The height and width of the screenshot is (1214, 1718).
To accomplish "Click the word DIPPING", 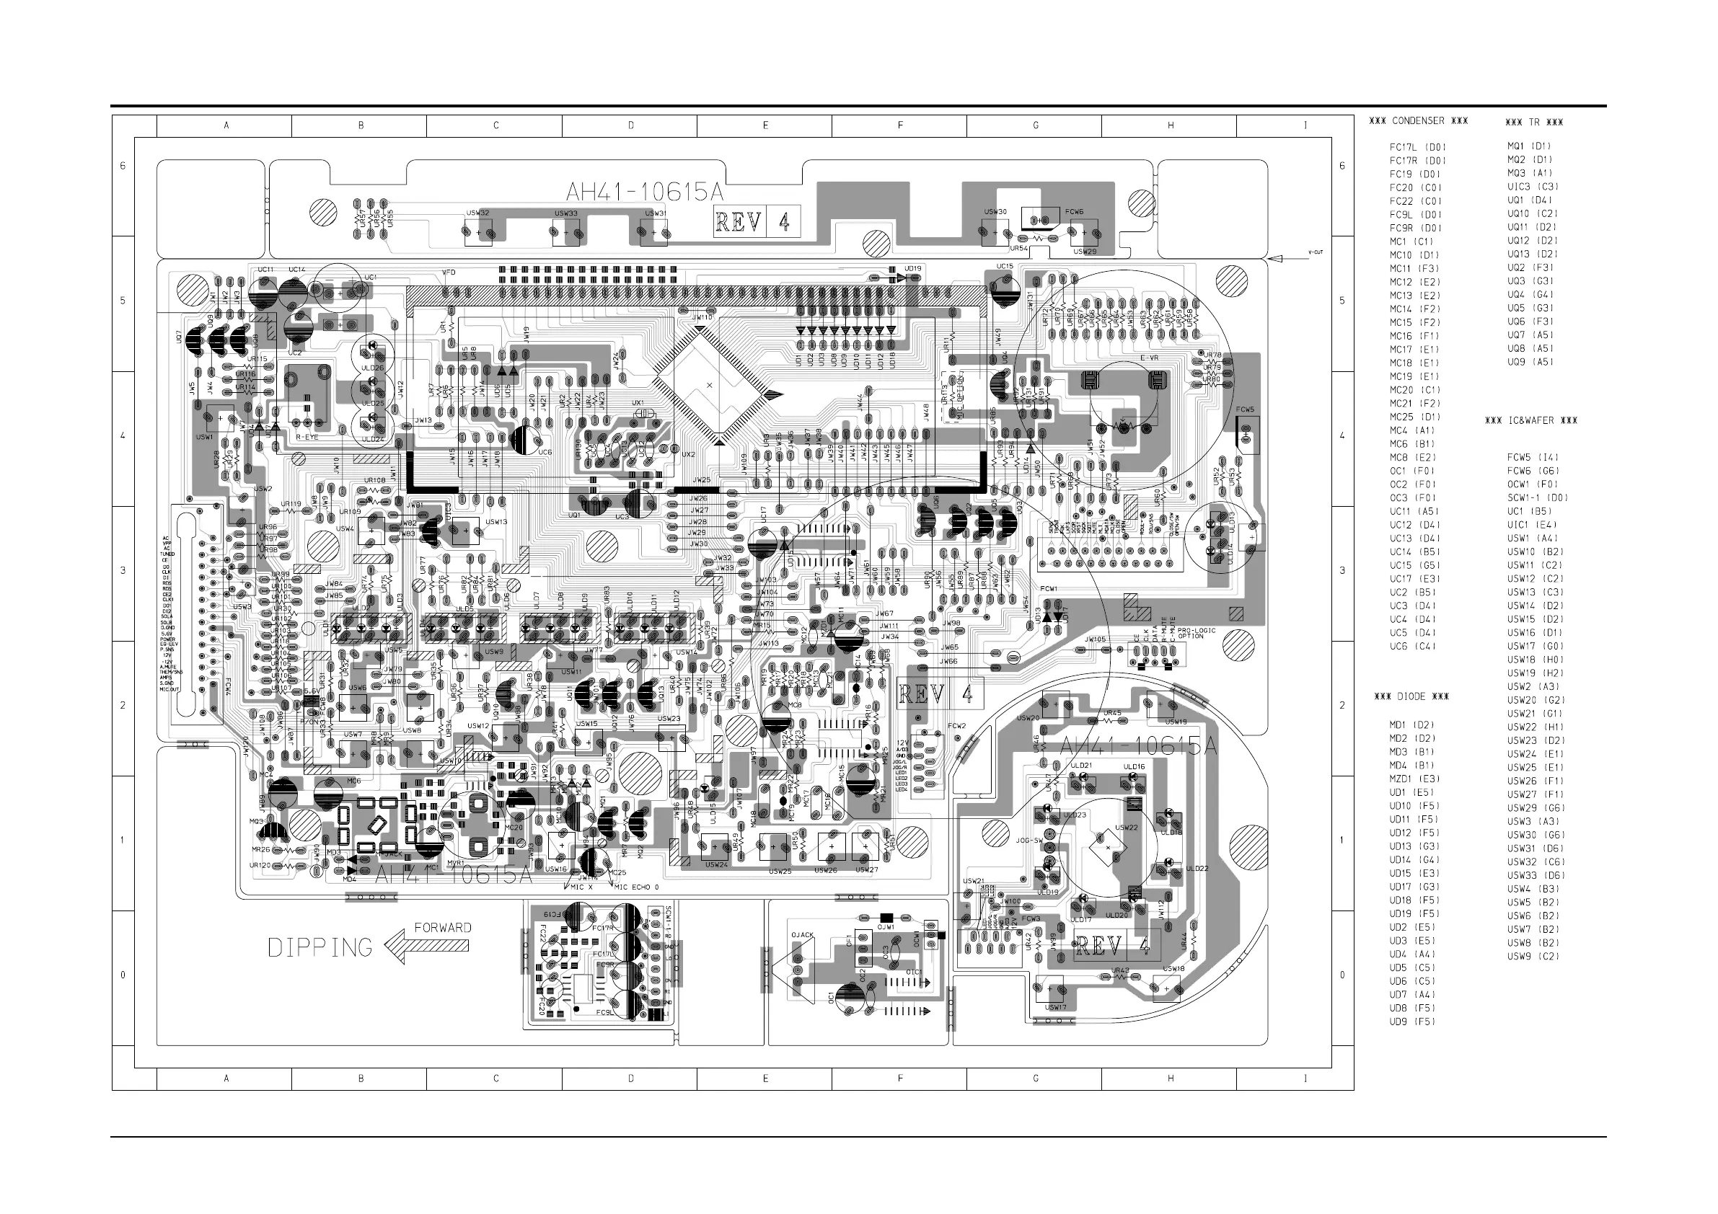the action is pos(320,948).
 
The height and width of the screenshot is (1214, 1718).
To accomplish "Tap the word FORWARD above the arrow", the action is pos(443,928).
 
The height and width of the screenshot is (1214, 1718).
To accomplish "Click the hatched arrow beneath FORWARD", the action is pos(427,947).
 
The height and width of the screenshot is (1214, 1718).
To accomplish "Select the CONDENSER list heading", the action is pos(1418,120).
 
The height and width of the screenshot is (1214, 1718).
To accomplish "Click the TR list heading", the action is pos(1534,122).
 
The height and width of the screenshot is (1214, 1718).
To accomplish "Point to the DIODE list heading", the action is pos(1411,696).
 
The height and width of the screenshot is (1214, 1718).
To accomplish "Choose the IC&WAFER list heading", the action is pos(1531,420).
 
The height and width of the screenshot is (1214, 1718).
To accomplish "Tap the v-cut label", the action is pos(1316,252).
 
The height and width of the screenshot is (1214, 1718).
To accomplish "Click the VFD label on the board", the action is pos(449,273).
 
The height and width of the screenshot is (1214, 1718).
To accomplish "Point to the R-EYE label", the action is pos(307,437).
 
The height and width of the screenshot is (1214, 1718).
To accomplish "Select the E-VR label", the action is pos(1150,358).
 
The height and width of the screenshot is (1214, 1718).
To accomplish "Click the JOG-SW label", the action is pos(1029,841).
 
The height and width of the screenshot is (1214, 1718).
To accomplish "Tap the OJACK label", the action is pos(802,935).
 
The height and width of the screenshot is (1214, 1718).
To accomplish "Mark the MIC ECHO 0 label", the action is pos(636,887).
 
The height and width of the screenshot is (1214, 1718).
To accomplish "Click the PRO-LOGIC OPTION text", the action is pos(1197,633).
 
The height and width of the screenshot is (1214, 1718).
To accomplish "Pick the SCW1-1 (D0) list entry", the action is pos(1538,497).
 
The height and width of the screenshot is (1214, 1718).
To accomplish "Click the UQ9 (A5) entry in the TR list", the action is pos(1530,362).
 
